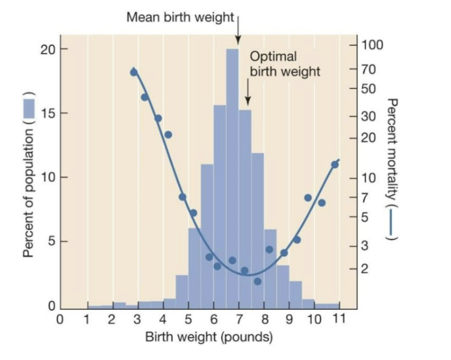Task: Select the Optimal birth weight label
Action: click(x=284, y=64)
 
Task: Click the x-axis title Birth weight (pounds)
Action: click(x=209, y=337)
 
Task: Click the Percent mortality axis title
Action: click(x=393, y=169)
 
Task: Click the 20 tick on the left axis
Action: click(x=47, y=49)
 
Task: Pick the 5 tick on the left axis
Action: click(x=50, y=242)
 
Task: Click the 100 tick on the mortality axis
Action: click(x=373, y=45)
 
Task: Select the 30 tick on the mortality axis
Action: click(x=370, y=116)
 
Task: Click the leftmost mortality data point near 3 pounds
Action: click(x=134, y=72)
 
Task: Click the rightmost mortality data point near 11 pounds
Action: click(x=335, y=165)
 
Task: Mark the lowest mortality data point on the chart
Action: click(x=257, y=281)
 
